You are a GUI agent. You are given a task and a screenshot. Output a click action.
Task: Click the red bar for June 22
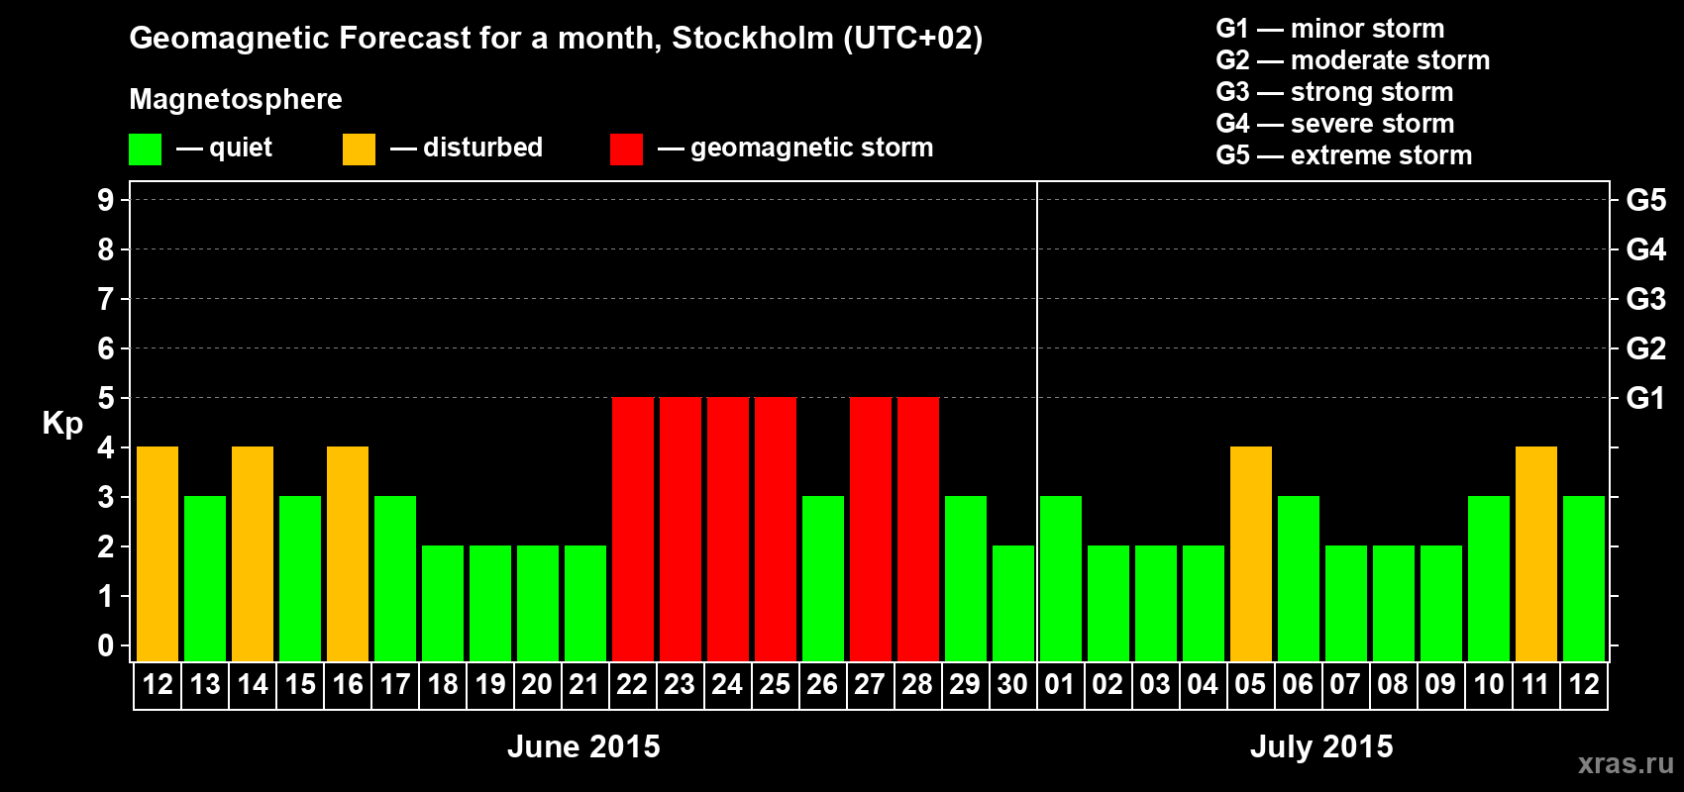pyautogui.click(x=632, y=529)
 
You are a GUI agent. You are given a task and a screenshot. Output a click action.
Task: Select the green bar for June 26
pyautogui.click(x=822, y=578)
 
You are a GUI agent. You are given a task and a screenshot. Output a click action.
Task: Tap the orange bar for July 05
pyautogui.click(x=1250, y=553)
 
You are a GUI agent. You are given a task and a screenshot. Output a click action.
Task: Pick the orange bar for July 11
pyautogui.click(x=1535, y=553)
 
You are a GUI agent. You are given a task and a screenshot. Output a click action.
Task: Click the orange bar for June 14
pyautogui.click(x=253, y=553)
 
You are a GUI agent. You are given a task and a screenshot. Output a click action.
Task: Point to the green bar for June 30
pyautogui.click(x=1012, y=603)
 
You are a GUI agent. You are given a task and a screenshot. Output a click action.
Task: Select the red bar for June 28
pyautogui.click(x=917, y=529)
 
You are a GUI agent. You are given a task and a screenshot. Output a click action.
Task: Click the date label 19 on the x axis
pyautogui.click(x=490, y=684)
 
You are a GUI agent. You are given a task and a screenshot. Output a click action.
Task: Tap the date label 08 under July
pyautogui.click(x=1393, y=684)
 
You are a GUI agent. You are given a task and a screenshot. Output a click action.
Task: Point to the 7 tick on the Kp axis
pyautogui.click(x=106, y=299)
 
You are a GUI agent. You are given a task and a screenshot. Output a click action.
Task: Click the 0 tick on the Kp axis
pyautogui.click(x=106, y=645)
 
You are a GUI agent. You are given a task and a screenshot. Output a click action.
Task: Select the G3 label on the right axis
pyautogui.click(x=1645, y=299)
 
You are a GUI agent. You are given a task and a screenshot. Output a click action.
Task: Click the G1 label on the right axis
pyautogui.click(x=1645, y=398)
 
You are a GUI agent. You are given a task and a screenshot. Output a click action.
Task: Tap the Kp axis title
pyautogui.click(x=62, y=423)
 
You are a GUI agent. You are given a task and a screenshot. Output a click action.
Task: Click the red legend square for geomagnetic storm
pyautogui.click(x=626, y=149)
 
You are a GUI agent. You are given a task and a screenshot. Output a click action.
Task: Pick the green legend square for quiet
pyautogui.click(x=145, y=149)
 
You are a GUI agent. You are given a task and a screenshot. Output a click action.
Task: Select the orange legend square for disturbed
pyautogui.click(x=359, y=149)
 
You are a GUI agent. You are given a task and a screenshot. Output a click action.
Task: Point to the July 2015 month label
pyautogui.click(x=1321, y=746)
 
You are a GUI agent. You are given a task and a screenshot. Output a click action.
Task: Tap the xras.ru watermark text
pyautogui.click(x=1626, y=763)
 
